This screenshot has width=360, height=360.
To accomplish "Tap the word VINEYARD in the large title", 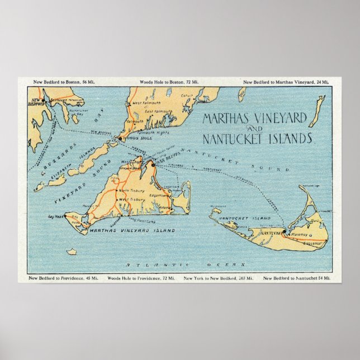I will tap(273, 118).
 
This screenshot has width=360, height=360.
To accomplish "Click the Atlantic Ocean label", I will tap(185, 264).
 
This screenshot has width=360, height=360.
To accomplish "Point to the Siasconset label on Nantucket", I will tap(314, 243).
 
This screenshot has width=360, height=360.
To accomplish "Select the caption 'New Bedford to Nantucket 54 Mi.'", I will tap(297, 278).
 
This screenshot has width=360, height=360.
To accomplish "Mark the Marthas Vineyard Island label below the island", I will tap(131, 230).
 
